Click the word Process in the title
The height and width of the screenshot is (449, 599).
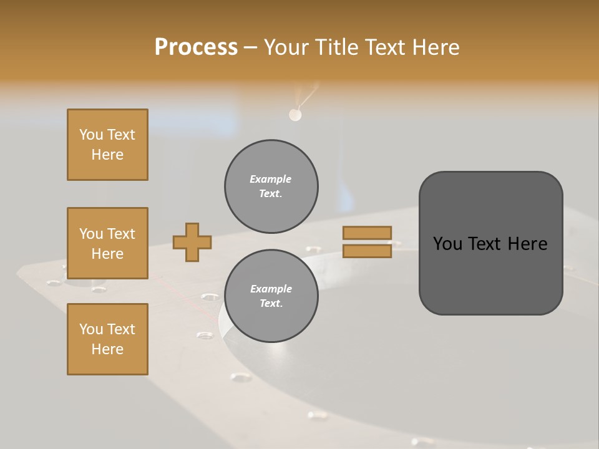196,47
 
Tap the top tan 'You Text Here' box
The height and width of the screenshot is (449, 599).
107,145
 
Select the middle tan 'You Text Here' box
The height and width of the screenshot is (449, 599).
107,243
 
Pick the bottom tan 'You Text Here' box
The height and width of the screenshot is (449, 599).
107,339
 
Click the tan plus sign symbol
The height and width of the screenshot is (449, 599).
192,242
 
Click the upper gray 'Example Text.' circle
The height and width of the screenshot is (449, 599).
271,186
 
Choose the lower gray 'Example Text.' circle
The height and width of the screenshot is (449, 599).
271,296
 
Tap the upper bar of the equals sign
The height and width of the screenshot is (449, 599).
367,233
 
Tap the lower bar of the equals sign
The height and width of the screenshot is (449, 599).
367,251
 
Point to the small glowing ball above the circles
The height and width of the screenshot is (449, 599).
295,115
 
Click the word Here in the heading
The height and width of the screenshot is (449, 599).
437,47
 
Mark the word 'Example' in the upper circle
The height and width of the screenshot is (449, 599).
271,179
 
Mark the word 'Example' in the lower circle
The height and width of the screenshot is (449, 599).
271,289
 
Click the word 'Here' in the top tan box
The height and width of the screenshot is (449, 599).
107,155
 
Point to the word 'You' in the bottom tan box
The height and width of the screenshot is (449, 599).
91,329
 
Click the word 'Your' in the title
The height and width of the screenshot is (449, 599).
286,47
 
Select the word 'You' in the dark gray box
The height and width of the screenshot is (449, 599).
447,244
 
